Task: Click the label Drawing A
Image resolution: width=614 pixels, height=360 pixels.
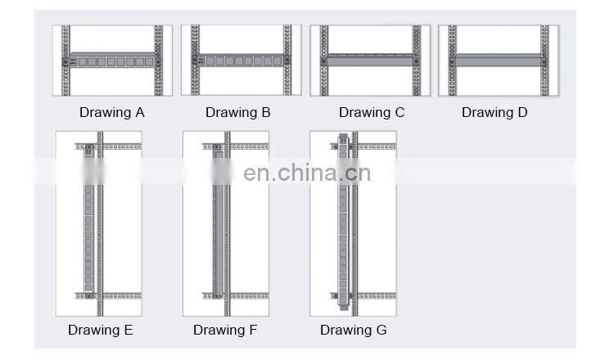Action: tap(111, 113)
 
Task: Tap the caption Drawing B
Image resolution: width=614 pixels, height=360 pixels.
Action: tap(237, 113)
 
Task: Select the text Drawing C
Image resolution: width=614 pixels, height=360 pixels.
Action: tap(371, 113)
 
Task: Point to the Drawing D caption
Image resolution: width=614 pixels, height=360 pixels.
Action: tap(494, 113)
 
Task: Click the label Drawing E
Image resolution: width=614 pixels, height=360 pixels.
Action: tap(100, 331)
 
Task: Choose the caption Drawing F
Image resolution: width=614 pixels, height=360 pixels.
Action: tap(225, 331)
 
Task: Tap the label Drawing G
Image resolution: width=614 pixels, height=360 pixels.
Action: tap(353, 331)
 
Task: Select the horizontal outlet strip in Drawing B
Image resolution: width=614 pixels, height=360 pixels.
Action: tap(239, 60)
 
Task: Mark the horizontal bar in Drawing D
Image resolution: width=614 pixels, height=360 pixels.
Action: tap(497, 60)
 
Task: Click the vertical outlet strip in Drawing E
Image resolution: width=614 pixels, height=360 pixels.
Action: tap(88, 221)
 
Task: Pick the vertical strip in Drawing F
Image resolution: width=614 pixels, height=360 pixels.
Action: tap(217, 221)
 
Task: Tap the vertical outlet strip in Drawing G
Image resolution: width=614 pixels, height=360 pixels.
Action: tap(344, 221)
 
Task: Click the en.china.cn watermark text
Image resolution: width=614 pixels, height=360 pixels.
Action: tap(307, 173)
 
